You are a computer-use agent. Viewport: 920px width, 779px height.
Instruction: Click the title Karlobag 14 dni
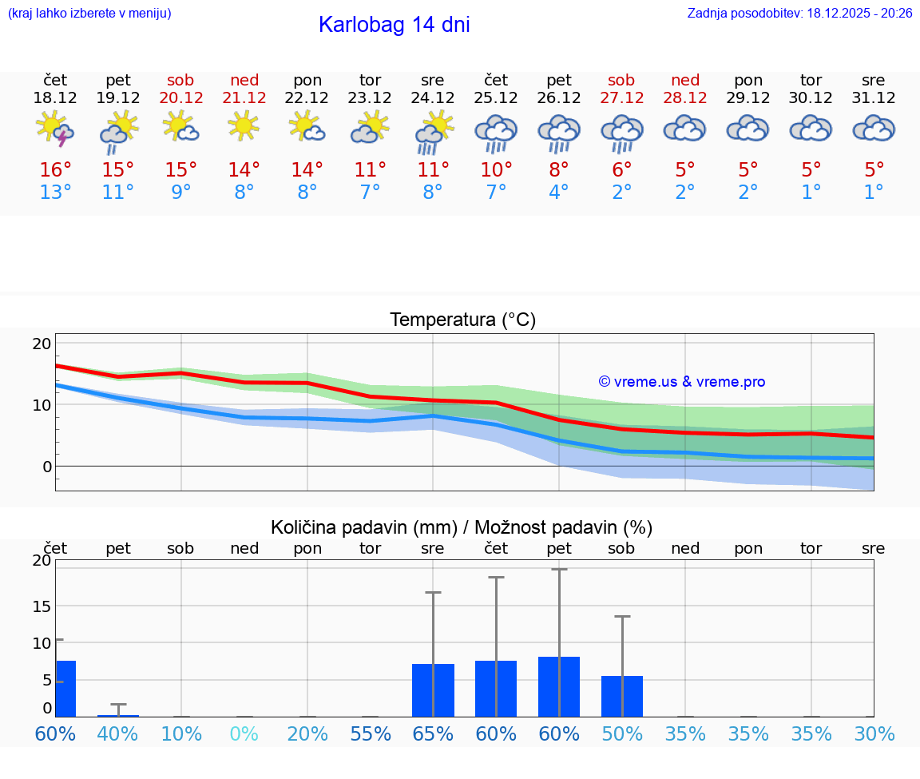coord(394,25)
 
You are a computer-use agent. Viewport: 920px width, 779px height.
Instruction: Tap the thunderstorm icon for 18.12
coord(55,129)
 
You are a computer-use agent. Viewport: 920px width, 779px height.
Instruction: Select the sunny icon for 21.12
coord(244,126)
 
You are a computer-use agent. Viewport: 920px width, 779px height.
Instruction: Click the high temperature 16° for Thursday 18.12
coord(55,170)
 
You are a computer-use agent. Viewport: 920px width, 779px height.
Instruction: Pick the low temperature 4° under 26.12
coord(559,193)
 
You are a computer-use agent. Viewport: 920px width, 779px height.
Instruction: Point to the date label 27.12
coord(621,98)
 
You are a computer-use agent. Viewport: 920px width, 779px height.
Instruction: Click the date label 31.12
coord(874,98)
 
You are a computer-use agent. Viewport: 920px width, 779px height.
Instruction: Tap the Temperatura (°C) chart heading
coord(462,320)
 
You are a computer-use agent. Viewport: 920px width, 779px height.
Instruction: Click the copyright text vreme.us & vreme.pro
coord(681,382)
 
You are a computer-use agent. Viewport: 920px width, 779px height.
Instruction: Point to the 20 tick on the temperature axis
coord(42,344)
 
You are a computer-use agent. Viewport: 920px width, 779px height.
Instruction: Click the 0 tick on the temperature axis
coord(46,466)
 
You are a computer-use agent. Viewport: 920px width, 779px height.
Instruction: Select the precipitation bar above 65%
coord(433,690)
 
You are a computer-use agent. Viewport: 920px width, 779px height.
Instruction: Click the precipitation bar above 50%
coord(622,696)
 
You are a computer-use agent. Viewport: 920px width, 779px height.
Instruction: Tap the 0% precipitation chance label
coord(244,734)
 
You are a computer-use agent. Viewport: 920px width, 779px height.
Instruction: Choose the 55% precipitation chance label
coord(371,734)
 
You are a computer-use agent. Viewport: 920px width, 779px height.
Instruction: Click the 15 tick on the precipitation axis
coord(42,606)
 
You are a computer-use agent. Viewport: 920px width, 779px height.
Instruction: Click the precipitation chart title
coord(462,527)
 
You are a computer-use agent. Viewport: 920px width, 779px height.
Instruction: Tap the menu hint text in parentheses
coord(89,14)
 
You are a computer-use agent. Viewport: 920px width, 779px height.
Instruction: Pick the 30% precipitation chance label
coord(874,734)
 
